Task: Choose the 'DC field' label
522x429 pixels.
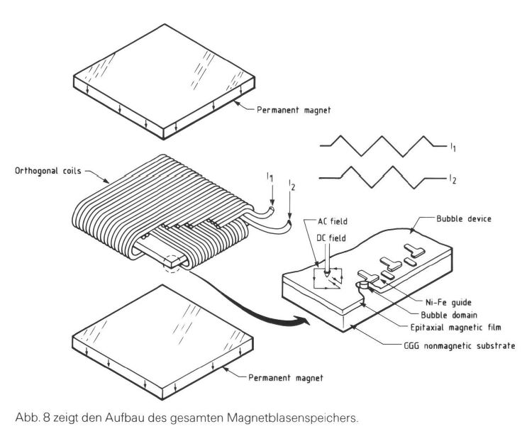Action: pos(331,238)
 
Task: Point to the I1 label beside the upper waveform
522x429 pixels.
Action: pos(452,147)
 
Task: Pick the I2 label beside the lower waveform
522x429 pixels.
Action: pos(452,180)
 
